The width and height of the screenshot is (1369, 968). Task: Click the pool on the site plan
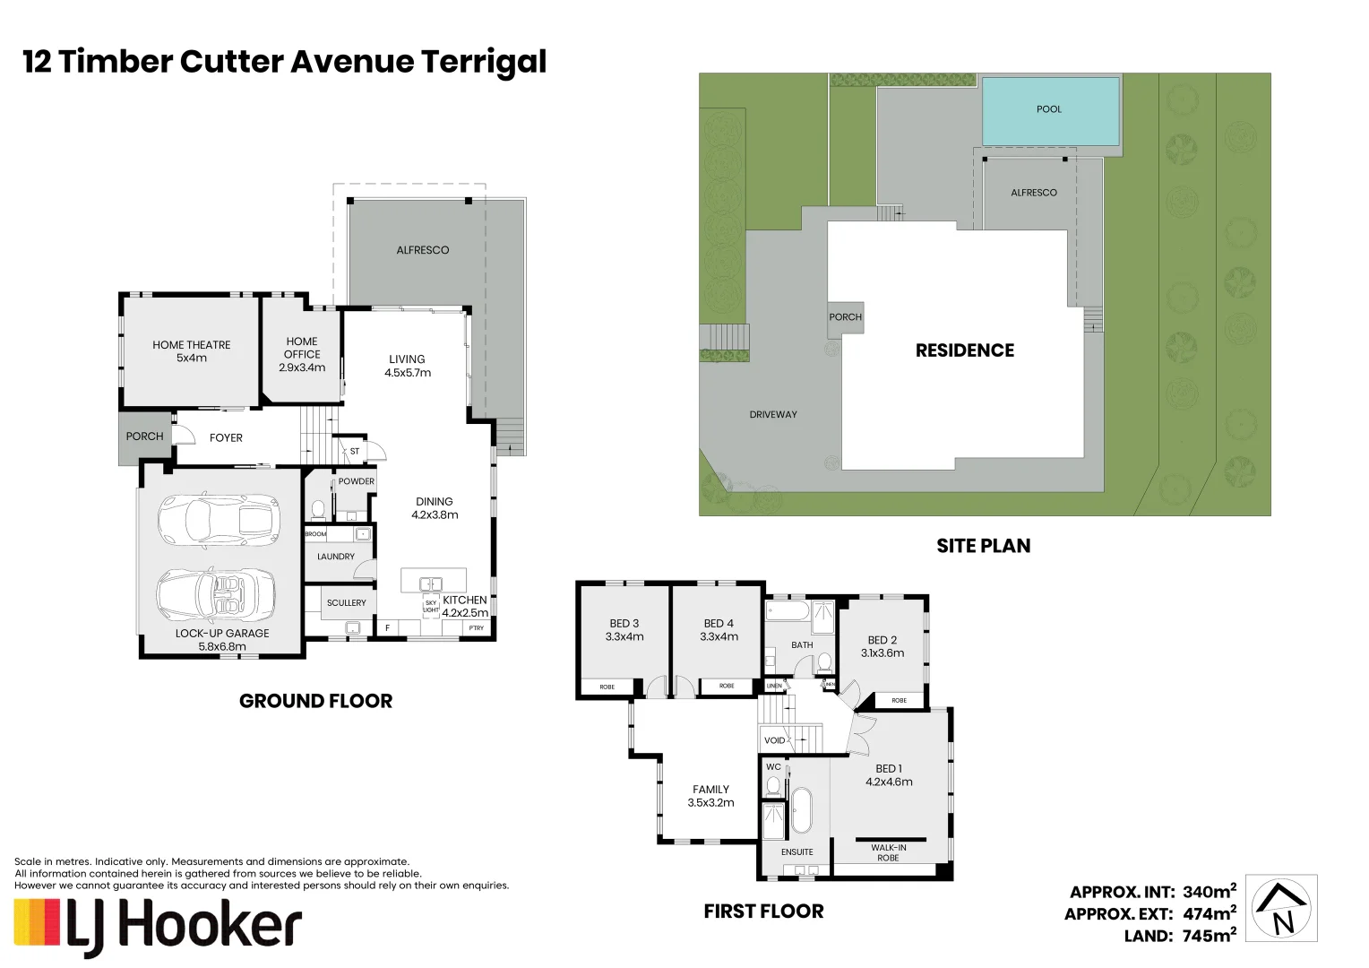pyautogui.click(x=1050, y=111)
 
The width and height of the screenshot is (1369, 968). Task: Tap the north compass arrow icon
pyautogui.click(x=1283, y=909)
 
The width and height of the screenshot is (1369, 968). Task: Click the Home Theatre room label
pyautogui.click(x=191, y=345)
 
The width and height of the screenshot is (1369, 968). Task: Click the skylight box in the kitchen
pyautogui.click(x=431, y=607)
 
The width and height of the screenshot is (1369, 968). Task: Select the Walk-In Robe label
pyautogui.click(x=888, y=852)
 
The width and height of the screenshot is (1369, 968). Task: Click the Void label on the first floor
pyautogui.click(x=774, y=740)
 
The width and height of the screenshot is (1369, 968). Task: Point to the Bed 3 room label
pyautogui.click(x=624, y=624)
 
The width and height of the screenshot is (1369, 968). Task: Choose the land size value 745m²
pyautogui.click(x=1210, y=936)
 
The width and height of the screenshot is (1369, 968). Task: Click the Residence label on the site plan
pyautogui.click(x=964, y=350)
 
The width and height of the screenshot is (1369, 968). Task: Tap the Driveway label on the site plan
pyautogui.click(x=773, y=415)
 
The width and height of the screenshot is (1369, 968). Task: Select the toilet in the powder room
pyautogui.click(x=317, y=510)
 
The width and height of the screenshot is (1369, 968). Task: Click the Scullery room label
pyautogui.click(x=346, y=603)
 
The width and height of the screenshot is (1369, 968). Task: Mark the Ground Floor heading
pyautogui.click(x=315, y=701)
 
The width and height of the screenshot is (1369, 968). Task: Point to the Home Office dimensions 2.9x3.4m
pyautogui.click(x=302, y=367)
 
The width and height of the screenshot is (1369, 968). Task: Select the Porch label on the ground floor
pyautogui.click(x=144, y=436)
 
